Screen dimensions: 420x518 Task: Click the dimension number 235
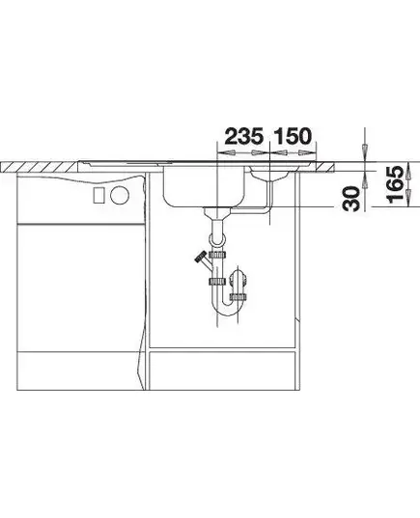pyautogui.click(x=244, y=136)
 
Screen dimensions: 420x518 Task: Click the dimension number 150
pyautogui.click(x=293, y=136)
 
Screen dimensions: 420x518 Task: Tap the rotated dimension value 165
pyautogui.click(x=395, y=184)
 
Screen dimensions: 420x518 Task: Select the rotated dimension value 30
pyautogui.click(x=351, y=199)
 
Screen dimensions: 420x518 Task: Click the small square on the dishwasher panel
pyautogui.click(x=99, y=195)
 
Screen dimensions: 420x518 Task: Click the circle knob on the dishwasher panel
pyautogui.click(x=120, y=195)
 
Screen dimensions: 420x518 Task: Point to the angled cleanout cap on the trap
pyautogui.click(x=200, y=257)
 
